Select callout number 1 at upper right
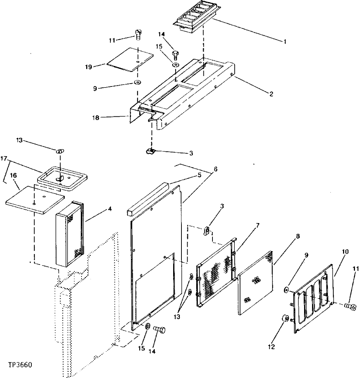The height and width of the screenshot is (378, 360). pos(285,41)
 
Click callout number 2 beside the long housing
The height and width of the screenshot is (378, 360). pos(271,94)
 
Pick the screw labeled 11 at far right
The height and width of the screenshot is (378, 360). pos(349,306)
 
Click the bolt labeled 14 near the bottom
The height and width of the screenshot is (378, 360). pos(159,329)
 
